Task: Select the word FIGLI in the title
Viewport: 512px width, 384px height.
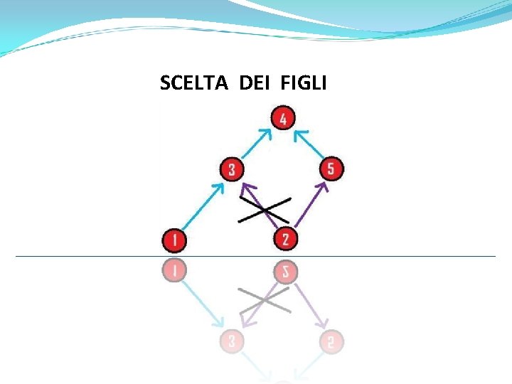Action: (x=304, y=83)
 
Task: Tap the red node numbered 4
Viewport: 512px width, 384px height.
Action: (x=283, y=118)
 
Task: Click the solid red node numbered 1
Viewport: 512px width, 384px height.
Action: (x=174, y=240)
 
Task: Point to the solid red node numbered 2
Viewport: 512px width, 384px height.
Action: (x=285, y=239)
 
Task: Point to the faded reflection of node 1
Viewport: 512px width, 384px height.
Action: (x=174, y=270)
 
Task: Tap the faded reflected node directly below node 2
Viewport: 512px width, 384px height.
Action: (x=285, y=271)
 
